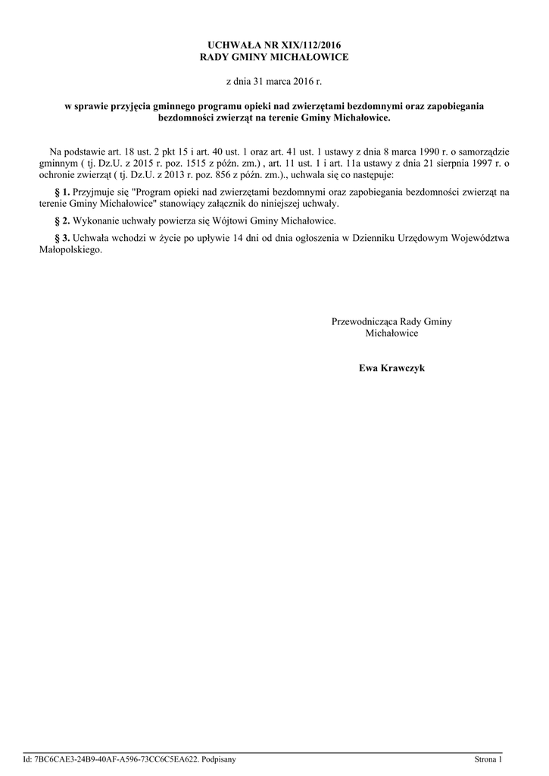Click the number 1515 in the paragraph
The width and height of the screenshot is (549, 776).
pos(202,163)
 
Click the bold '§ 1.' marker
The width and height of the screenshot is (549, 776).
pos(63,192)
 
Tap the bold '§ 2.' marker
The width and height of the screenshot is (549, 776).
pos(63,221)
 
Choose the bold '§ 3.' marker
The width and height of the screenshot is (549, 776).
pos(63,238)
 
